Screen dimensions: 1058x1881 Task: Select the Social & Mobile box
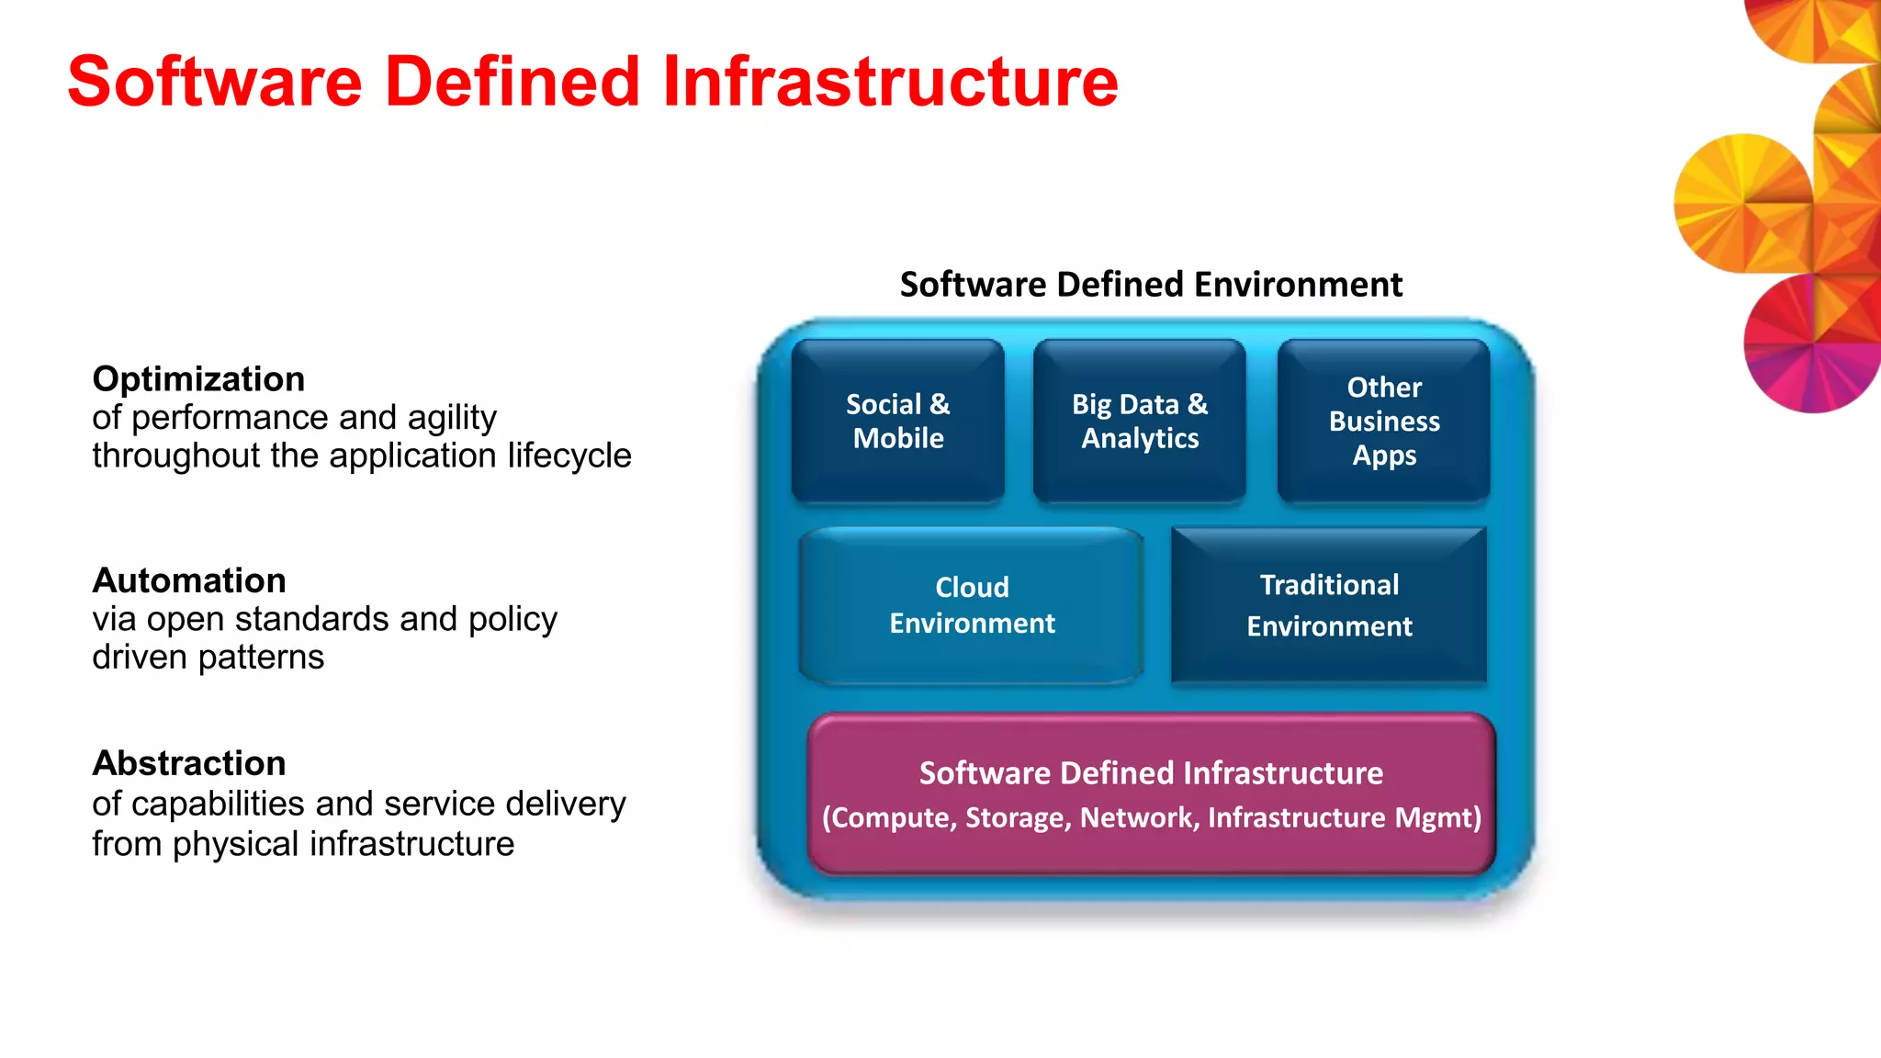[x=897, y=422]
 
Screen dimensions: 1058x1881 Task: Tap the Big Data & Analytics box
[x=1139, y=422]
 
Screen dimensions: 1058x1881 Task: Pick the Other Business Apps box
[x=1383, y=422]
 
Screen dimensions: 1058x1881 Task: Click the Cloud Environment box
[x=972, y=605]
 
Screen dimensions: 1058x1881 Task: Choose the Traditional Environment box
[x=1329, y=605]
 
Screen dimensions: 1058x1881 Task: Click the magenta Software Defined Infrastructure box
[x=1151, y=794]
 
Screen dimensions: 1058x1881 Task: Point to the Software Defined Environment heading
[x=1151, y=285]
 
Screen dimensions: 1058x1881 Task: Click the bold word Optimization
[x=198, y=379]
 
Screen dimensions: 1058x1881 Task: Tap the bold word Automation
[x=189, y=580]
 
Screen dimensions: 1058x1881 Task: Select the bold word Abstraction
[x=189, y=763]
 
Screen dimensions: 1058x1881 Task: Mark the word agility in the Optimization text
[x=452, y=418]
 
